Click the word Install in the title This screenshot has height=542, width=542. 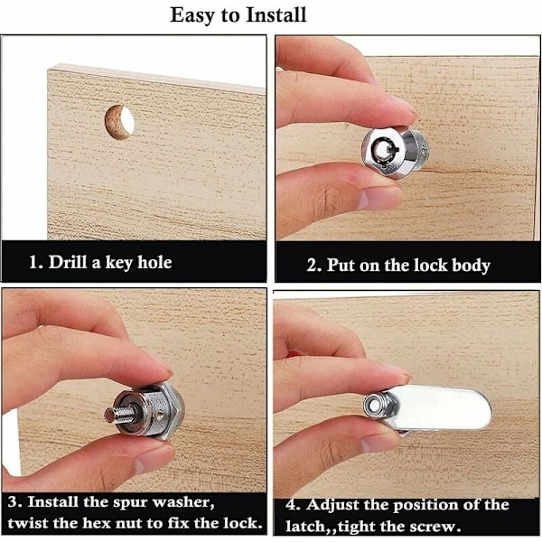[276, 15]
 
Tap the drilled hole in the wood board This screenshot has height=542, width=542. [119, 123]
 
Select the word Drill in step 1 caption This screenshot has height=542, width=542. [68, 262]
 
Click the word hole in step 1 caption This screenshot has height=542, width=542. [154, 262]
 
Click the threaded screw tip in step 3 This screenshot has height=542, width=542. [119, 414]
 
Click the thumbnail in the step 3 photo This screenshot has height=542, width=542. [154, 459]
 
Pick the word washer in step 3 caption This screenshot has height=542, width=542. [183, 502]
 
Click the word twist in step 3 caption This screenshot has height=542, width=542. [28, 523]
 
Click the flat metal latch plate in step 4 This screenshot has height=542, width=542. [439, 408]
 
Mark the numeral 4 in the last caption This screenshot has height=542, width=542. [292, 505]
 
